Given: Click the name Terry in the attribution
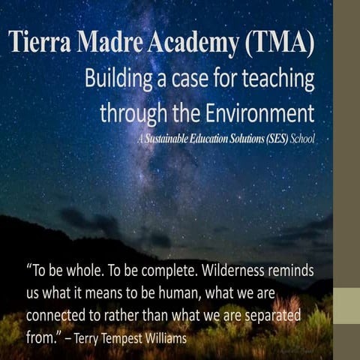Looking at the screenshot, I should click(x=86, y=338).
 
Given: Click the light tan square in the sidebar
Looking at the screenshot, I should click(x=346, y=306).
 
